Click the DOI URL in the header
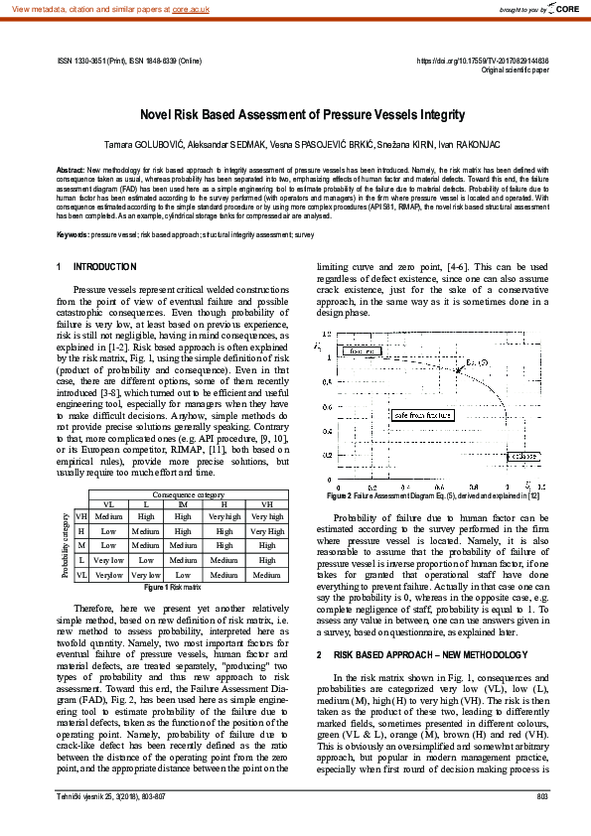coord(482,62)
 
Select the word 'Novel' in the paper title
coord(160,115)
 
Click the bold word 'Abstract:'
coord(71,172)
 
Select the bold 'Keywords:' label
coord(73,234)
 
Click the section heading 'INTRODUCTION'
coord(105,267)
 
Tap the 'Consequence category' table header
coord(187,493)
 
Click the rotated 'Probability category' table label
coord(67,544)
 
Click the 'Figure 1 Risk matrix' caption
coord(177,588)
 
